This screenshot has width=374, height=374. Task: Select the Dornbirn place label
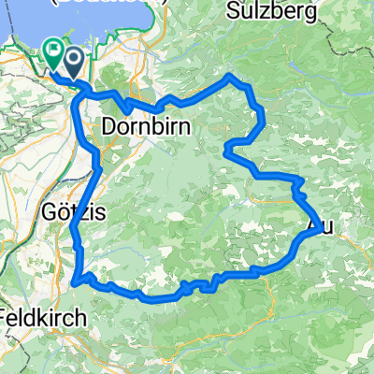tap(139, 124)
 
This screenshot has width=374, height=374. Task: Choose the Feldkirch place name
tap(43, 315)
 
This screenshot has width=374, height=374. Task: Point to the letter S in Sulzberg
tap(233, 12)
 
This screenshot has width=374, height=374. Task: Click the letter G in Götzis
tap(49, 213)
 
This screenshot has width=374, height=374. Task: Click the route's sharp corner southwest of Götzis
tap(73, 280)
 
